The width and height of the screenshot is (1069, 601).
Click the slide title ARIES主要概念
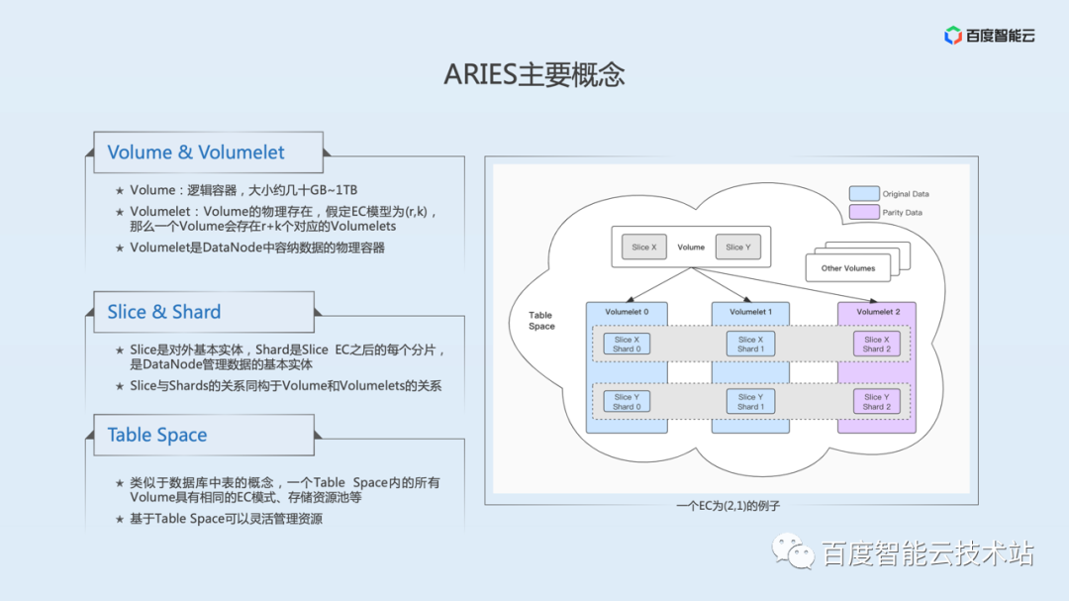[x=534, y=75]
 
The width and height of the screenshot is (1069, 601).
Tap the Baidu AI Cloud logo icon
[x=953, y=36]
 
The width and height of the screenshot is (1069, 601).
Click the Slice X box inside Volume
[x=644, y=248]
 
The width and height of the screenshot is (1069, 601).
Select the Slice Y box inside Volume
[x=737, y=248]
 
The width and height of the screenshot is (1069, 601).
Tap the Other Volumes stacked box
[x=848, y=267]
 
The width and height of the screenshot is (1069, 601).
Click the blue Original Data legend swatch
[x=863, y=194]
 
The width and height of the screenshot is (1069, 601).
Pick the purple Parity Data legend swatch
[x=863, y=212]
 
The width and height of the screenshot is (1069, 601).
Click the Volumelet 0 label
[x=627, y=312]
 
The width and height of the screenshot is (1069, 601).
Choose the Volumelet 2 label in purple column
[x=876, y=312]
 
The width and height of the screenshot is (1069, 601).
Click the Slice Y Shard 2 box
[x=876, y=401]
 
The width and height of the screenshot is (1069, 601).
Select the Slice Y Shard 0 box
[x=627, y=401]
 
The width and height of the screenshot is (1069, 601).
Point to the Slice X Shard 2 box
[x=876, y=344]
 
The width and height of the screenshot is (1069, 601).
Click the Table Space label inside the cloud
[x=541, y=321]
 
